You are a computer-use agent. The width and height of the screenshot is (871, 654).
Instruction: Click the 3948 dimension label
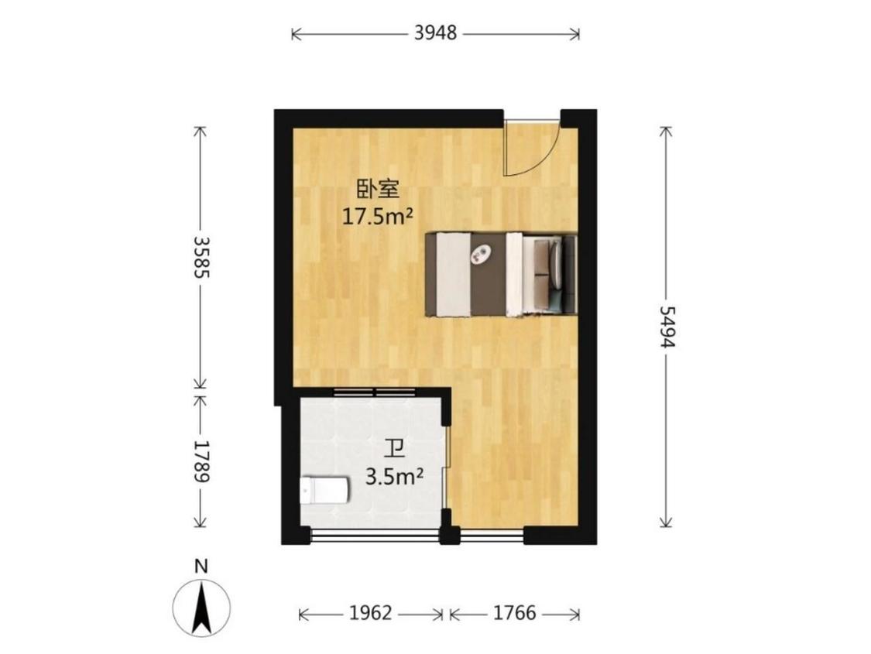435,33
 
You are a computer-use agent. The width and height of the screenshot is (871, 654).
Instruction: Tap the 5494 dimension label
666,327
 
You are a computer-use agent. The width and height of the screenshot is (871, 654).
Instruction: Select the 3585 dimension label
201,258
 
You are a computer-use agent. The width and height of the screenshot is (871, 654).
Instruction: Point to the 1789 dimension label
201,462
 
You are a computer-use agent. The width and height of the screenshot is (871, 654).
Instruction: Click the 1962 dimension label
371,613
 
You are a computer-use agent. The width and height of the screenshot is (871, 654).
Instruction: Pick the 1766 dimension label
515,613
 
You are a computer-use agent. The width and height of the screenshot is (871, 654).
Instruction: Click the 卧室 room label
377,190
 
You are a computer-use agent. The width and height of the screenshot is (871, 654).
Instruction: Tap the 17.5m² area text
377,216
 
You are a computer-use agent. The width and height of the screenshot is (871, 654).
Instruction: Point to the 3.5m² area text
395,476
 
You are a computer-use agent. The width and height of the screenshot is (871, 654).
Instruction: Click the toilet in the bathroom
324,490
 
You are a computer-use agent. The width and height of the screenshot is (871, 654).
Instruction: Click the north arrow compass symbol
201,608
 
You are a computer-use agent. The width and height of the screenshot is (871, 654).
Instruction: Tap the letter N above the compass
201,567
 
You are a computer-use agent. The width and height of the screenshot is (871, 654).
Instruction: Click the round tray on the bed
480,255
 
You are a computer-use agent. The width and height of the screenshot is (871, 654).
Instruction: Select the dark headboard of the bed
569,274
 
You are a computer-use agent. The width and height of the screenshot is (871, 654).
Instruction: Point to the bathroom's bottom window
375,535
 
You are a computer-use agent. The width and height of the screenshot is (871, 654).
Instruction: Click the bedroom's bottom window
492,535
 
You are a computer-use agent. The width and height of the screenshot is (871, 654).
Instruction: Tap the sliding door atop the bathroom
375,392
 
